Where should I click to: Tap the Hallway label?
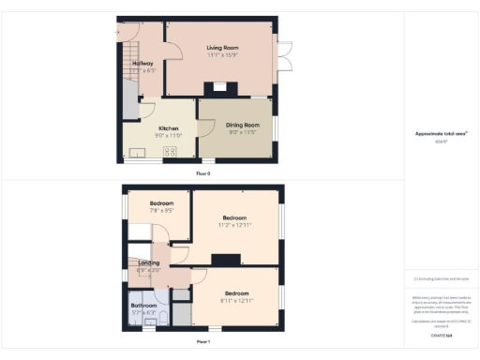pyautogui.click(x=142, y=63)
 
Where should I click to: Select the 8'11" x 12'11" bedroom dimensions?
pyautogui.click(x=234, y=300)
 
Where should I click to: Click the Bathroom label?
pyautogui.click(x=143, y=306)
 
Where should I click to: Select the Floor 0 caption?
pyautogui.click(x=202, y=173)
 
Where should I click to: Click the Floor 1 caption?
pyautogui.click(x=202, y=343)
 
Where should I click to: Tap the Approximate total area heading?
pyautogui.click(x=441, y=133)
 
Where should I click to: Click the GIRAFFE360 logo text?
pyautogui.click(x=442, y=335)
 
